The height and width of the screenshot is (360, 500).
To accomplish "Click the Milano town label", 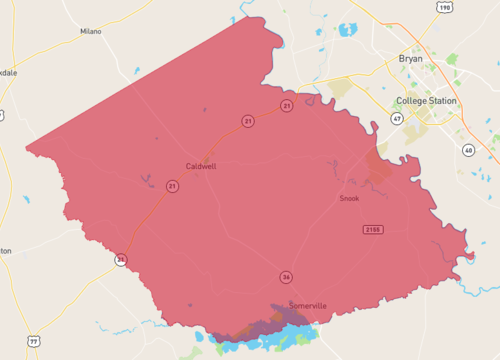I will coord(91,32).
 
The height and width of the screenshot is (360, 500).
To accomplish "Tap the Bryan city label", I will coord(410,59).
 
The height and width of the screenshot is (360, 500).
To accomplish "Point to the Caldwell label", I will coord(201,166).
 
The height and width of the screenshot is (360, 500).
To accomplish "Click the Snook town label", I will coord(349,198).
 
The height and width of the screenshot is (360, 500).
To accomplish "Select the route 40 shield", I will coord(468,150).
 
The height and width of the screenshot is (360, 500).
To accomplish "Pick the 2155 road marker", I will coord(373,230).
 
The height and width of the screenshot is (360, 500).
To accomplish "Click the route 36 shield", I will coord(286,276).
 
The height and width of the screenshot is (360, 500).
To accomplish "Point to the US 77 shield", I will coord(34,342).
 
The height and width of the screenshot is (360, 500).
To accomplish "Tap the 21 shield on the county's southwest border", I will coord(120,259).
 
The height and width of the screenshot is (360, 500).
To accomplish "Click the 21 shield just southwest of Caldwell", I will coord(172,186).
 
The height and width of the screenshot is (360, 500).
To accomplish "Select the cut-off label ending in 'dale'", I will coord(8,73).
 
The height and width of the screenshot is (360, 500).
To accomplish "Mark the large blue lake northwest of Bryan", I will coord(348,29).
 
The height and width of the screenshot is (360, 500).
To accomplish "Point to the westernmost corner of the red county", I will coord(27,153).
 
